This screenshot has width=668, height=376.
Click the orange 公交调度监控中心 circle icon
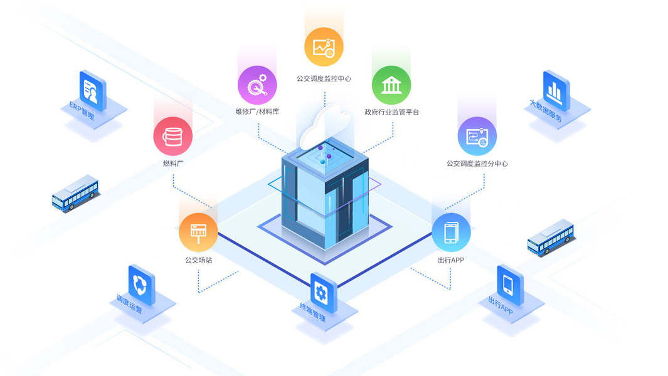point(324,47)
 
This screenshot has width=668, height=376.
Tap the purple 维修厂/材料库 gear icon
point(257,85)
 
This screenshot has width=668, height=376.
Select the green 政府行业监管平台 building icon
point(391,85)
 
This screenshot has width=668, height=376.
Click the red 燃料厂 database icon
point(172,136)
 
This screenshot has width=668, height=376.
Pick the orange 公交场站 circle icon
point(198,232)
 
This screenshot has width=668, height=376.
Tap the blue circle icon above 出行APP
point(451,232)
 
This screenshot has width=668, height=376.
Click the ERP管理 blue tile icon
point(93,91)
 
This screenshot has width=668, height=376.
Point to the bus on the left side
point(75,192)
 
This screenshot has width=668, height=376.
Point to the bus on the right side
point(550,236)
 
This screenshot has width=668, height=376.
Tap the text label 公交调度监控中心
point(324,79)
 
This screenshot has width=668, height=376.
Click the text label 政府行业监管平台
point(391,112)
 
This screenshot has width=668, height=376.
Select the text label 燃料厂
point(172,164)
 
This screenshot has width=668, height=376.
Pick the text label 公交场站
point(198,259)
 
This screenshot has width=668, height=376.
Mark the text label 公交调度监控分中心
point(477,164)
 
